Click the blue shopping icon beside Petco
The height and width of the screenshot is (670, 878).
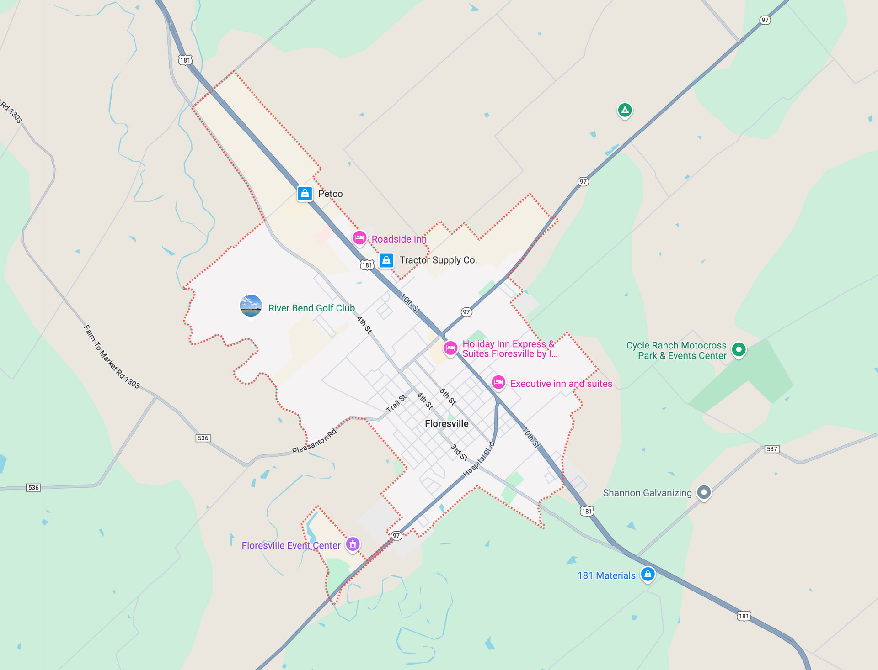point(305,194)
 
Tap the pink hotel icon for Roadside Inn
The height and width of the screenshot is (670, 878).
point(359,238)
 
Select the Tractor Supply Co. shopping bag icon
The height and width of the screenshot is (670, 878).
point(386,260)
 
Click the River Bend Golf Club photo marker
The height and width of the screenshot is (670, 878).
point(251,306)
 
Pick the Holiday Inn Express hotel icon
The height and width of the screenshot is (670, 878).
point(450,348)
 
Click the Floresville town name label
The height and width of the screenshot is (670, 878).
point(446,424)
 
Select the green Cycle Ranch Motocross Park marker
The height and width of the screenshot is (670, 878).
point(739,350)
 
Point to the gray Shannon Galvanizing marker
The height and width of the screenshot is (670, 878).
point(704,492)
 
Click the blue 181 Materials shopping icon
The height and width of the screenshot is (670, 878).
point(648,574)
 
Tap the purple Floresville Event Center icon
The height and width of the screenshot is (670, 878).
point(353,544)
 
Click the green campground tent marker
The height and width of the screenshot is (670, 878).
point(625,110)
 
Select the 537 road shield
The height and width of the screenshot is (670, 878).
point(772,449)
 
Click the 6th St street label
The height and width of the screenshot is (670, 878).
point(448,397)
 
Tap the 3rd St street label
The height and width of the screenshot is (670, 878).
point(459,452)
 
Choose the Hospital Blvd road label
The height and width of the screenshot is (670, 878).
point(479,459)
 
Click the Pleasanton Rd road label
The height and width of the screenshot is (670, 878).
point(315,442)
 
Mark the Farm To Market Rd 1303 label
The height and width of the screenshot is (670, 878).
point(112,357)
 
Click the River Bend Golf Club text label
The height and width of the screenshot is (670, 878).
point(311,308)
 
